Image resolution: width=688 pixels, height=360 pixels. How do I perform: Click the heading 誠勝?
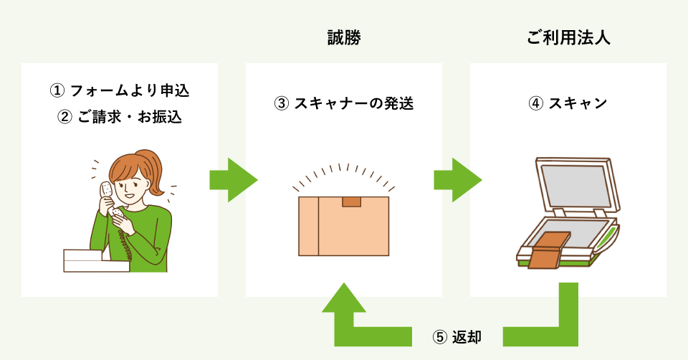tap(343, 37)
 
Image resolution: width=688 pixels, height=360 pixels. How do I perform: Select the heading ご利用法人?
tap(568, 37)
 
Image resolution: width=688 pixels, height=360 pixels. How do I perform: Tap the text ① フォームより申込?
tap(120, 91)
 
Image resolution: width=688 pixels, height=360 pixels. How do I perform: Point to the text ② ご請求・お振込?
tap(120, 117)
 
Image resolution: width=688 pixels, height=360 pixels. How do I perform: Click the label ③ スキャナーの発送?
tap(344, 103)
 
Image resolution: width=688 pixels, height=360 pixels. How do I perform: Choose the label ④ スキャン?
tap(568, 103)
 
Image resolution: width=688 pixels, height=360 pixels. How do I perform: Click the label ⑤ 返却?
tap(457, 336)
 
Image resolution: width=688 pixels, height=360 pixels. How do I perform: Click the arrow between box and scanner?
tap(457, 180)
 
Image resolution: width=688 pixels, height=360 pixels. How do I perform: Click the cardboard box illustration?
tap(344, 226)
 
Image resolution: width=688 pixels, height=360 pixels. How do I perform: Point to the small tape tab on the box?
tap(351, 202)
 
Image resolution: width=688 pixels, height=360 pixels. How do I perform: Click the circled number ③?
tap(282, 103)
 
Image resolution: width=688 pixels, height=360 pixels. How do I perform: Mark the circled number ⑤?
tap(441, 336)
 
